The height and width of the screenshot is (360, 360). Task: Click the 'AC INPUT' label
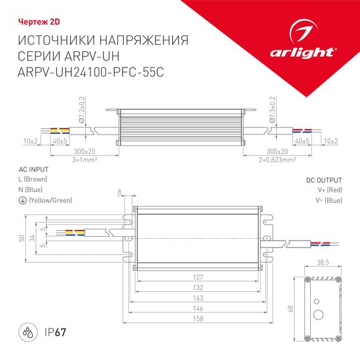pyautogui.click(x=34, y=170)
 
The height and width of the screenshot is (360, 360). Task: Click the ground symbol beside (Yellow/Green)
pyautogui.click(x=23, y=200)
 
